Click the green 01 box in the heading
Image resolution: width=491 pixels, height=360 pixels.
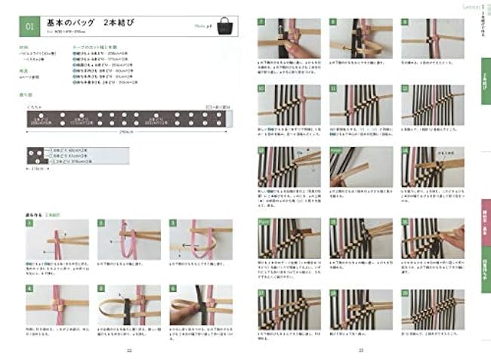[31, 27]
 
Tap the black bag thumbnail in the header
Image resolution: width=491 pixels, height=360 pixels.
[224, 27]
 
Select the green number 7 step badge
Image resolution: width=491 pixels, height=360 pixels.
[261, 23]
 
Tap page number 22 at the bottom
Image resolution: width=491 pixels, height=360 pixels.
[129, 349]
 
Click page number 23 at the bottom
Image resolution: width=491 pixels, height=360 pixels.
[361, 349]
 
